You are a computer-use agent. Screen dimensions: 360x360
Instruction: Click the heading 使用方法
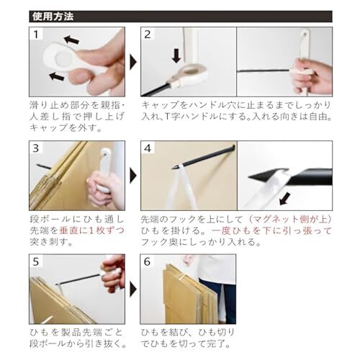coord(53,17)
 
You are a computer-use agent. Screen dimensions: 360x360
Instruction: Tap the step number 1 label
coord(36,35)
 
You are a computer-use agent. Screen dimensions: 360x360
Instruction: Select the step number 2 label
coord(148,35)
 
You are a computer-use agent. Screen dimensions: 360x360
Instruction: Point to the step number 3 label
coord(36,148)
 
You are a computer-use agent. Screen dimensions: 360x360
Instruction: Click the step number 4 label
coord(148,148)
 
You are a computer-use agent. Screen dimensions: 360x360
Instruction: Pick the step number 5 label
coord(36,261)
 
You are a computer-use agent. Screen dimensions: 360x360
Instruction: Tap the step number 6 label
coord(147,261)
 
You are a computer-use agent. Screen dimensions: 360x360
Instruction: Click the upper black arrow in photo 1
coord(71,40)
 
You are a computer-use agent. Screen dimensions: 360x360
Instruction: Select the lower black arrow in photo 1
coord(57,76)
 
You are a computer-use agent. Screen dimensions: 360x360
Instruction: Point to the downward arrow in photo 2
coord(176,55)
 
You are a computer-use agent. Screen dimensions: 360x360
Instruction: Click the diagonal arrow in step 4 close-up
coord(285,199)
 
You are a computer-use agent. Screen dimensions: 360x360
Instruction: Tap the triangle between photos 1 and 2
coord(133,62)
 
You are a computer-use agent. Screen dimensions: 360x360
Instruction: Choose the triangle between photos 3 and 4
coord(133,176)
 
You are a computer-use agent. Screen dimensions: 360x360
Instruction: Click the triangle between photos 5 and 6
coord(133,289)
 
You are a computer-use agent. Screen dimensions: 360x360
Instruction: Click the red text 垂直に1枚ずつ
coord(91,230)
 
